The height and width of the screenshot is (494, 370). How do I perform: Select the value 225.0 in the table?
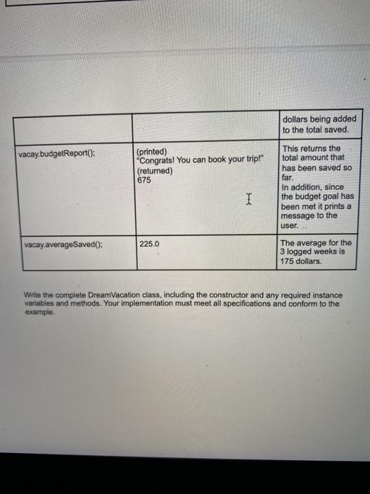(149, 243)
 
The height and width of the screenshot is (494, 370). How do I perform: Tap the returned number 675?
(144, 179)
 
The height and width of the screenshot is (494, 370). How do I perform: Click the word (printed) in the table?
(152, 151)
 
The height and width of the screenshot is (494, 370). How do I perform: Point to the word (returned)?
(154, 170)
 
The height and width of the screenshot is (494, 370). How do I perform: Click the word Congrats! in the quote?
(159, 161)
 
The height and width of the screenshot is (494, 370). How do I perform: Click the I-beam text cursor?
(248, 200)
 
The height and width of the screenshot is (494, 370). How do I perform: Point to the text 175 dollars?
(302, 261)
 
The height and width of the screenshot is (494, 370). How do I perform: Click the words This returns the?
(311, 148)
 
